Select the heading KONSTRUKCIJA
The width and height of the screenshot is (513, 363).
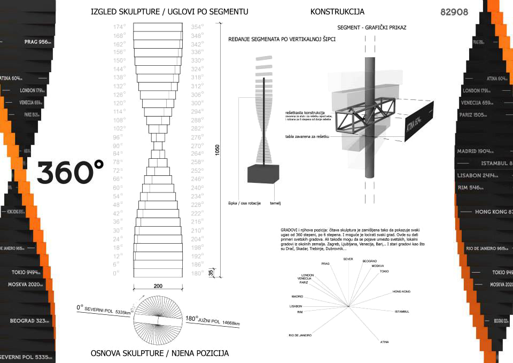click(337, 11)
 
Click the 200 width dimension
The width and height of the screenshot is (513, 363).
click(158, 286)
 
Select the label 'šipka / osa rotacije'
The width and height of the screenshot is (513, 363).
click(241, 204)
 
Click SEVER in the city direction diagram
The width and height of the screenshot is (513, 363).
click(348, 259)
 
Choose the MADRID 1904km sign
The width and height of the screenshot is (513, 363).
click(477, 151)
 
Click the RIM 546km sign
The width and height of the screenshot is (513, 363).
click(470, 188)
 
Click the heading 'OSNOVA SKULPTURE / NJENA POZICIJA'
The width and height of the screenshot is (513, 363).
click(159, 353)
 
